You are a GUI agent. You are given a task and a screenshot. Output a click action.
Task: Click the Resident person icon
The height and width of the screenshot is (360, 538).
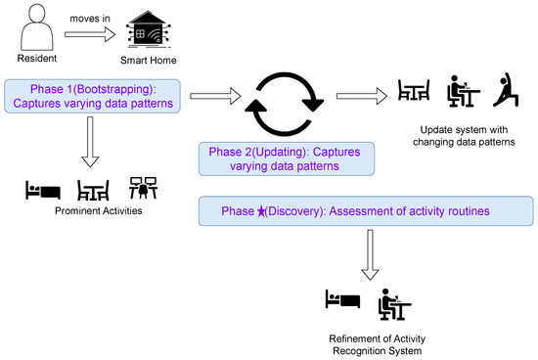(x=35, y=27)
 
